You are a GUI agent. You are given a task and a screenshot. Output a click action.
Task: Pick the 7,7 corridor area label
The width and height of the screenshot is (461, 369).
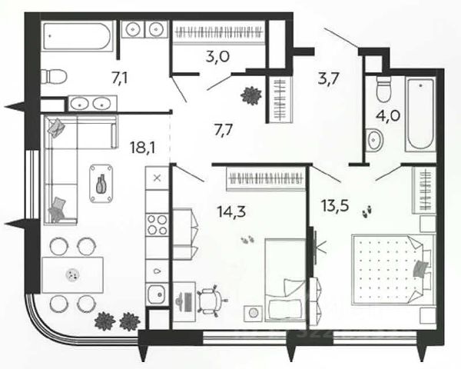(224, 128)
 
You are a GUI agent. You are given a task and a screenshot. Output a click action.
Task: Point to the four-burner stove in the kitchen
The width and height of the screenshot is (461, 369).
(157, 224)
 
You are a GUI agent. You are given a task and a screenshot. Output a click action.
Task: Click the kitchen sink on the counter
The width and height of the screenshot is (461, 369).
(158, 293)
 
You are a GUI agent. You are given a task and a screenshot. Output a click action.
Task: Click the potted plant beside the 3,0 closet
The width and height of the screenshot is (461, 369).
(250, 95)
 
